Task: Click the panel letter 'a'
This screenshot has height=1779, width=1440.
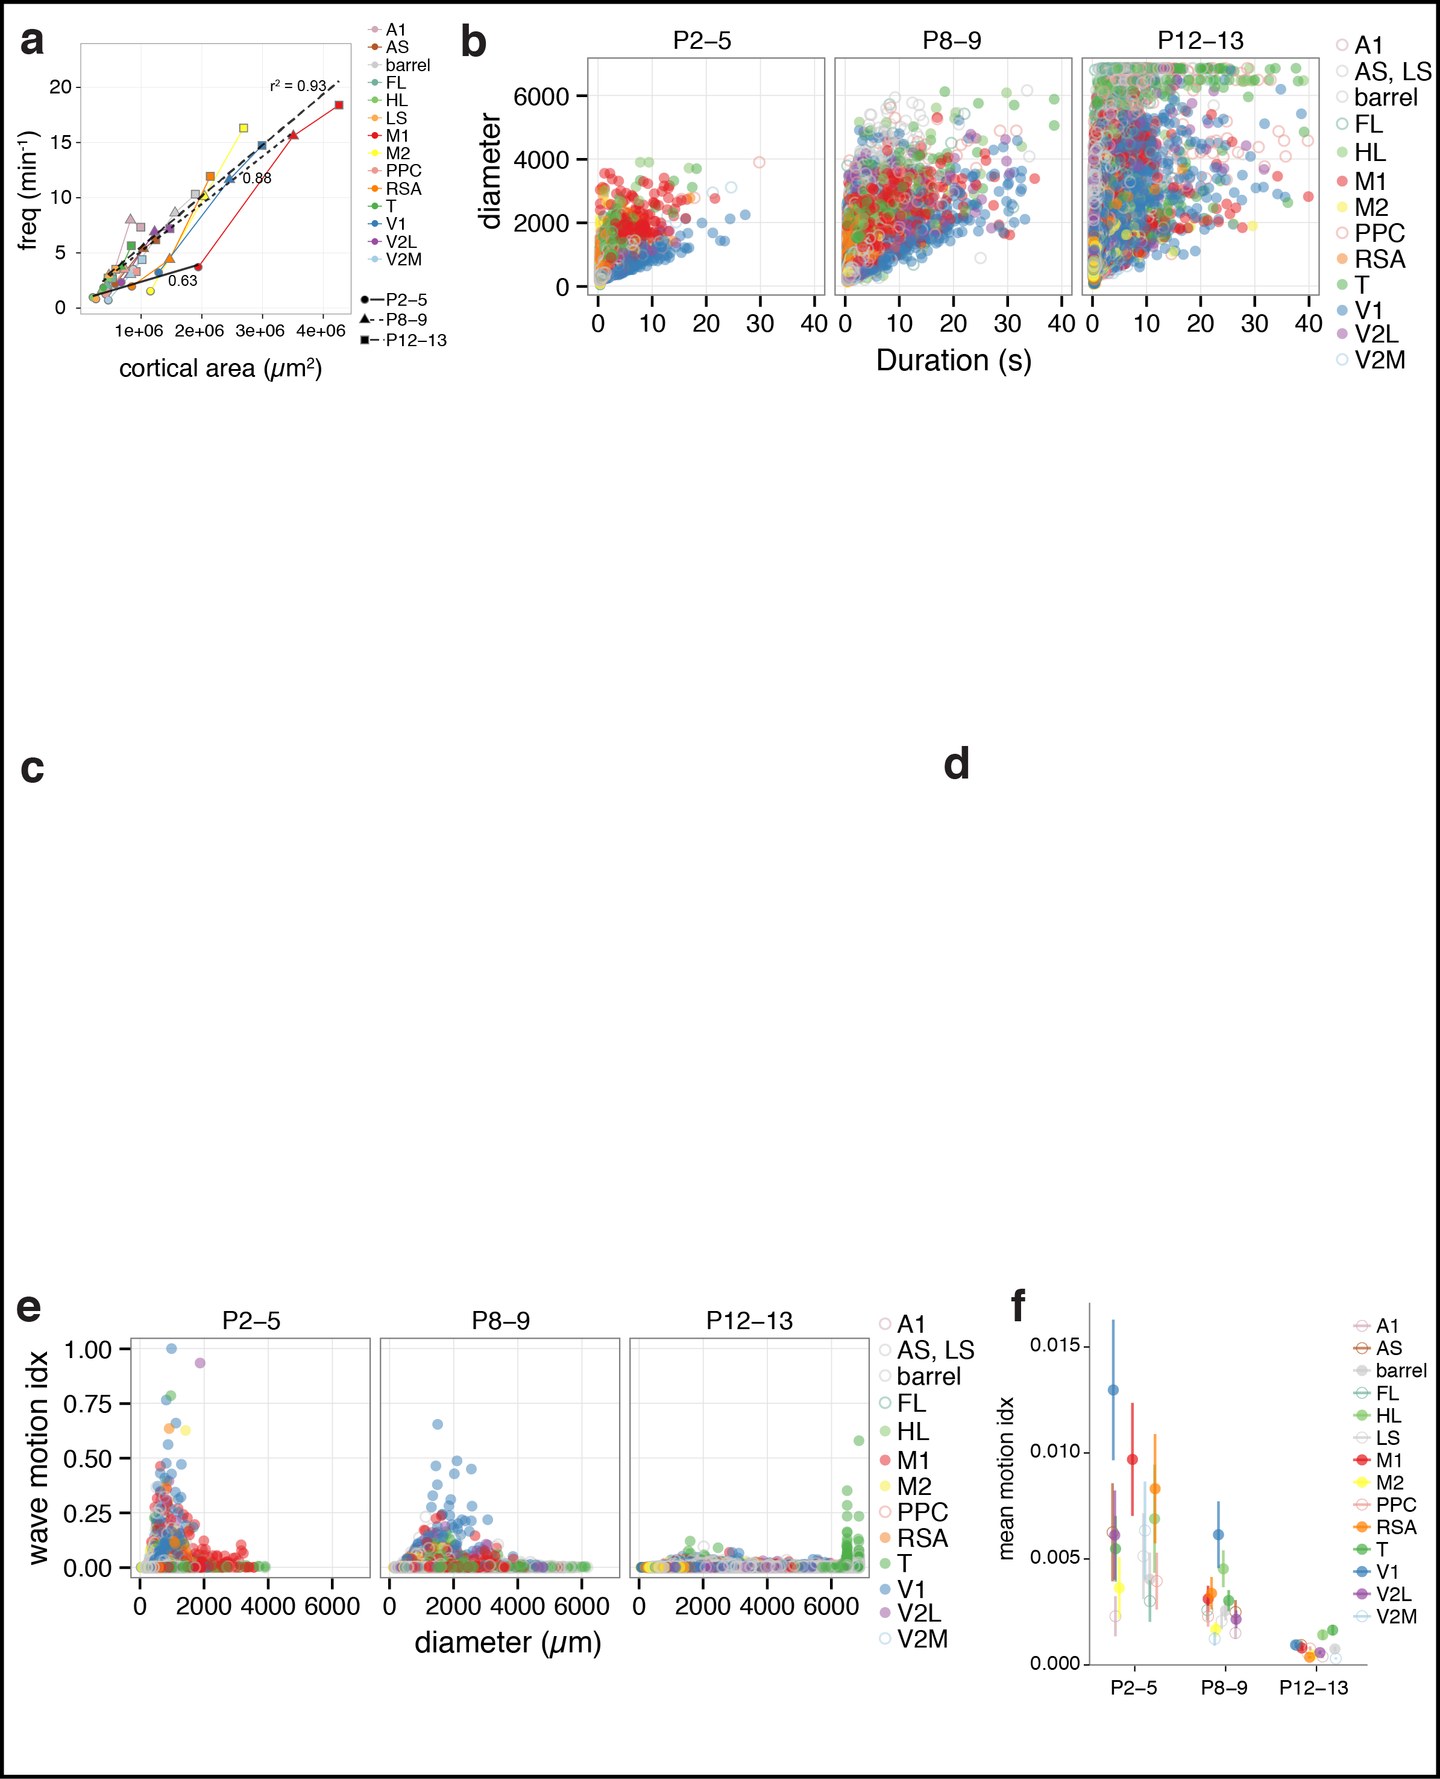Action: coord(31,42)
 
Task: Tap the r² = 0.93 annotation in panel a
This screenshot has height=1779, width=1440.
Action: coord(298,86)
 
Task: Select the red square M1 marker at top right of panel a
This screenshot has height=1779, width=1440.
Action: coord(338,104)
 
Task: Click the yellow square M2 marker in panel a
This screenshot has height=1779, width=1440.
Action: coord(243,128)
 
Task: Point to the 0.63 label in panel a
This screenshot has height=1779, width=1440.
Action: coord(183,280)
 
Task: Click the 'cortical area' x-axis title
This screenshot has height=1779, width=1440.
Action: coord(220,368)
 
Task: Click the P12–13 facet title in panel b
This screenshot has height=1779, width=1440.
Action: coord(1200,40)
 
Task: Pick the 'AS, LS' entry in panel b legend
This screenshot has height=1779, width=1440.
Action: coord(1392,71)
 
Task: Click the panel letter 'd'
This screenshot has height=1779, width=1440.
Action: coord(957,763)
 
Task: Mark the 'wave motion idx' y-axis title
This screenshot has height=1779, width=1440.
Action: coord(37,1457)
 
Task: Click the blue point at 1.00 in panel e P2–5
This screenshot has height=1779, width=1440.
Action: coord(172,1348)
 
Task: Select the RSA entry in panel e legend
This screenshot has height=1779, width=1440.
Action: coord(922,1538)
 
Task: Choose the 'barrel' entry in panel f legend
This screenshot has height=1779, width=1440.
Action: coord(1400,1371)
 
